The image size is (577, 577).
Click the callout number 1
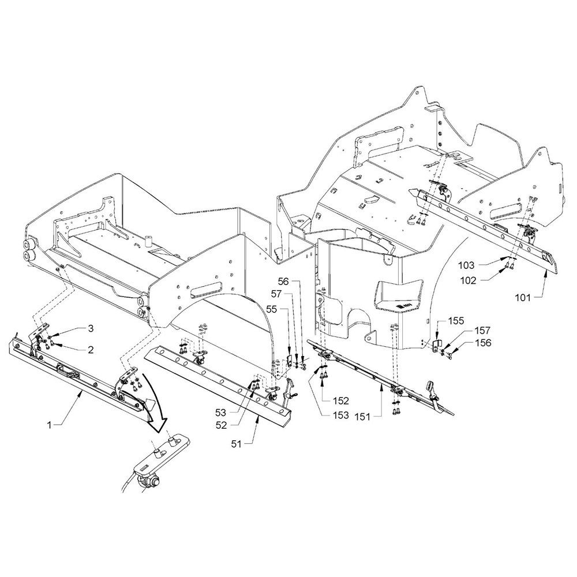coord(50,425)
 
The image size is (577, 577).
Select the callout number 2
coord(90,349)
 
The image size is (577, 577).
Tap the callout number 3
coord(90,328)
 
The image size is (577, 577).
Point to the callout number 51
coord(236,444)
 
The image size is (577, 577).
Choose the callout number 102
coord(468,280)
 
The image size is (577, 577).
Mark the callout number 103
coord(467,265)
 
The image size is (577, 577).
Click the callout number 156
coord(482,343)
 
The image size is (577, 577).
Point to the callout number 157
coord(482,330)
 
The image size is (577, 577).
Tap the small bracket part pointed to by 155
coord(436,346)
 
